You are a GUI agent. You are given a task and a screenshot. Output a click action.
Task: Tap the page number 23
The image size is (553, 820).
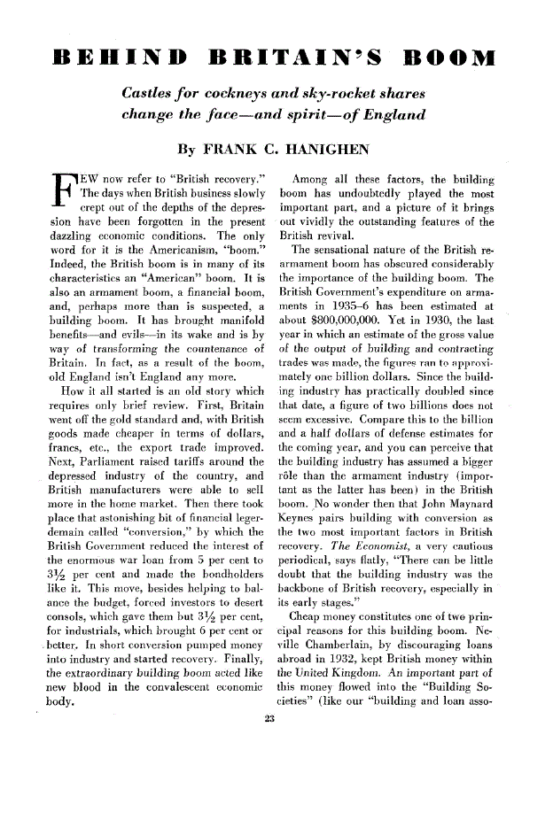276,793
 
